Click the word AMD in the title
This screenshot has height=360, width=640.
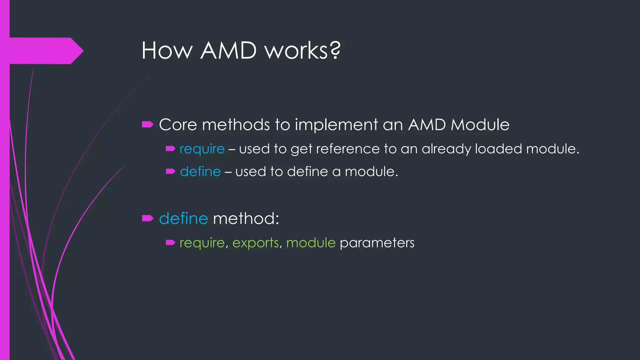click(x=228, y=50)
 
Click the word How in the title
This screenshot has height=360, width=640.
click(x=167, y=50)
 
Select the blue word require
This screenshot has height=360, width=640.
click(x=202, y=149)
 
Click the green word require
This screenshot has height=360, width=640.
click(x=202, y=243)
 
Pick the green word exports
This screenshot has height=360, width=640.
click(x=255, y=243)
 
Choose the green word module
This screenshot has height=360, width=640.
click(x=311, y=243)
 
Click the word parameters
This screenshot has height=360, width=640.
click(x=377, y=243)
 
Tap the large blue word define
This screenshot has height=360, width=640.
click(x=183, y=218)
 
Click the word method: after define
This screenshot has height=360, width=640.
click(x=246, y=218)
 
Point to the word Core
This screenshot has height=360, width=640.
click(x=178, y=125)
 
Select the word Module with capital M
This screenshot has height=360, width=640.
click(x=480, y=125)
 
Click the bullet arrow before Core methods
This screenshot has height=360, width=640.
click(x=147, y=125)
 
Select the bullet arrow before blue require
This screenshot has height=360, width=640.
click(x=170, y=149)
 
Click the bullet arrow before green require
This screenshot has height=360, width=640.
click(x=170, y=242)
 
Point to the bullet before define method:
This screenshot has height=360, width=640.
click(x=147, y=218)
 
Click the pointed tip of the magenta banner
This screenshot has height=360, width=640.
click(x=82, y=51)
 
